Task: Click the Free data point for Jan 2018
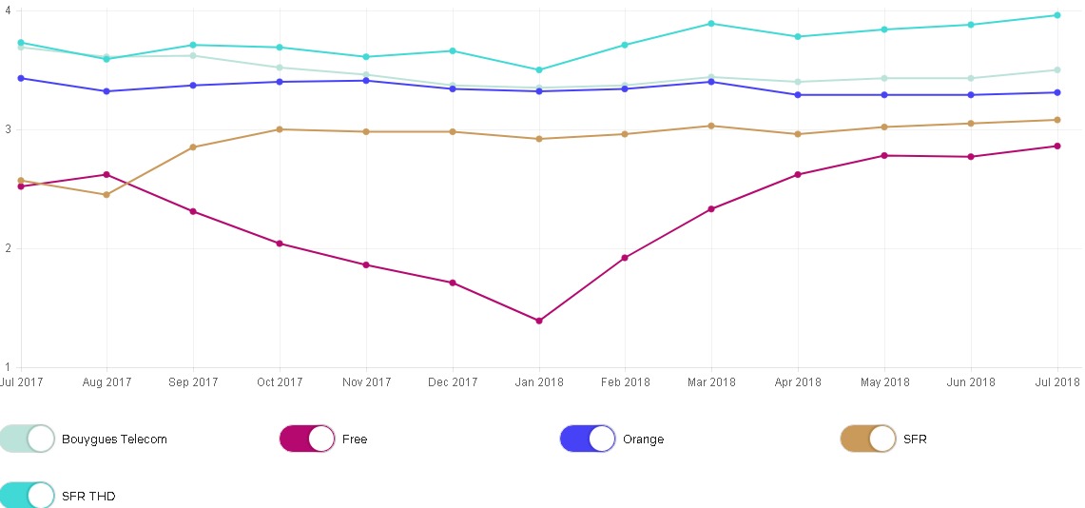click(x=539, y=321)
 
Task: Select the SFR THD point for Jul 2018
click(x=1057, y=15)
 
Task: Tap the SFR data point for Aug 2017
click(x=107, y=195)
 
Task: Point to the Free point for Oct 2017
click(x=280, y=244)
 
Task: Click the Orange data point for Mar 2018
click(x=711, y=82)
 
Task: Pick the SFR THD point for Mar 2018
click(x=711, y=24)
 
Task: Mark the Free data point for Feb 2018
click(x=625, y=258)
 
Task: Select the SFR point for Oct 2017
click(x=280, y=129)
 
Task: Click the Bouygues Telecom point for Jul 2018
click(x=1057, y=69)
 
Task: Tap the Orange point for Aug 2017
click(x=107, y=91)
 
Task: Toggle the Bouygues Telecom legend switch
click(x=28, y=439)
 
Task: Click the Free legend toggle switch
click(x=307, y=439)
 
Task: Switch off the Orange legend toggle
click(x=588, y=439)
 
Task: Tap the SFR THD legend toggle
click(x=28, y=496)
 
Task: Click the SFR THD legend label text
click(x=88, y=497)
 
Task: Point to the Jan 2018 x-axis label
click(x=539, y=382)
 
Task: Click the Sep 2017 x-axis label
click(x=193, y=382)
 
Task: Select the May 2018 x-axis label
click(x=884, y=382)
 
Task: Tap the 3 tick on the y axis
click(x=8, y=129)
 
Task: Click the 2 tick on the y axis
click(x=8, y=248)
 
